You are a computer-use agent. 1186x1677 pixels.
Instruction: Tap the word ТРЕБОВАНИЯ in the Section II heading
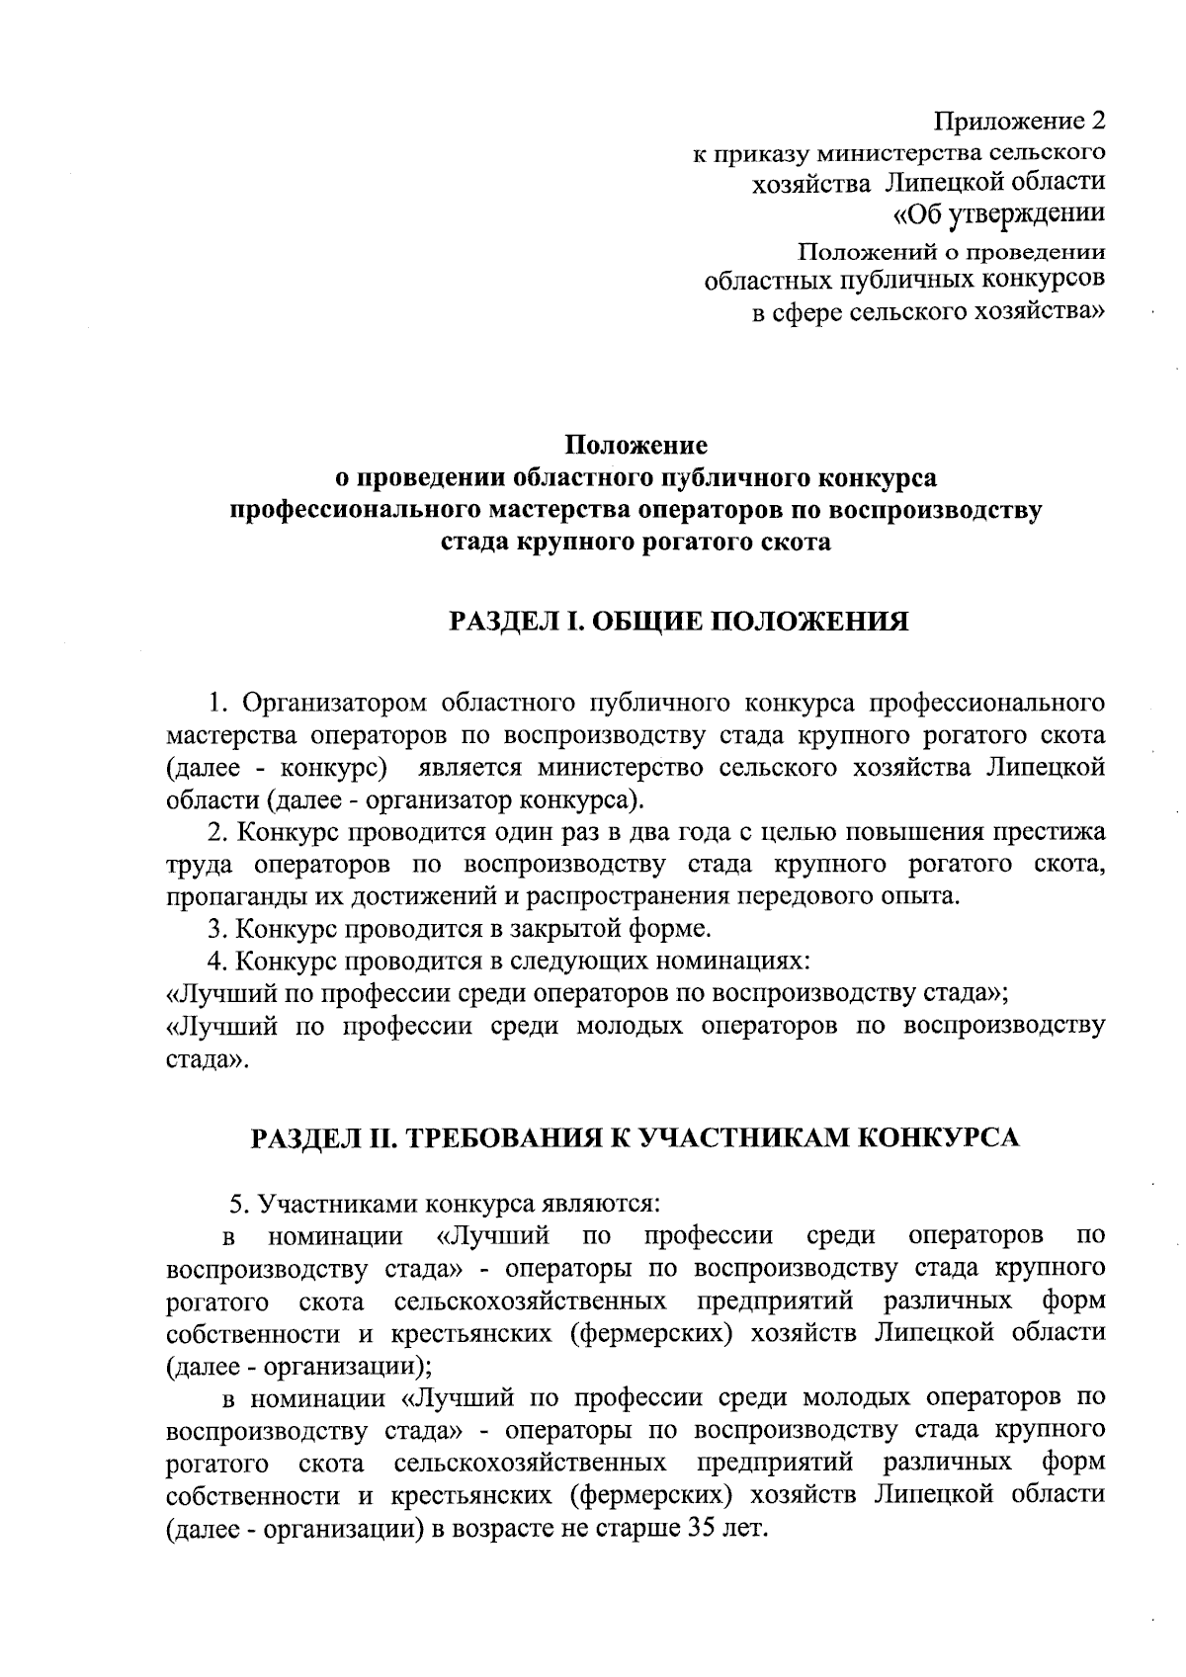tap(507, 1137)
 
